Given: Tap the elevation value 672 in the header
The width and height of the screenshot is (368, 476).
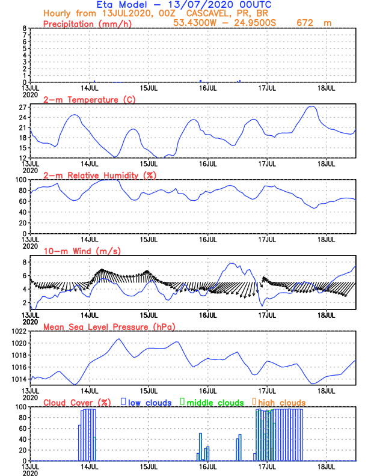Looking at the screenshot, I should (307, 23).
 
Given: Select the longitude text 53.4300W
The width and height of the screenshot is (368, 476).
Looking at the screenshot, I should (195, 23).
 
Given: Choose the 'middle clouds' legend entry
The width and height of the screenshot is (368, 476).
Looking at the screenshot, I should (215, 402).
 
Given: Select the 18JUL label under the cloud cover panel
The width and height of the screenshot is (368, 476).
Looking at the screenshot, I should (327, 465).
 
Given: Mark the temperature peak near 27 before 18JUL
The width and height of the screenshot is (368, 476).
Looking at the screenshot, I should (311, 106).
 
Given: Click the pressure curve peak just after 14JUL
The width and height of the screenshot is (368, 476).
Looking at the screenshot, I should (118, 339).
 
